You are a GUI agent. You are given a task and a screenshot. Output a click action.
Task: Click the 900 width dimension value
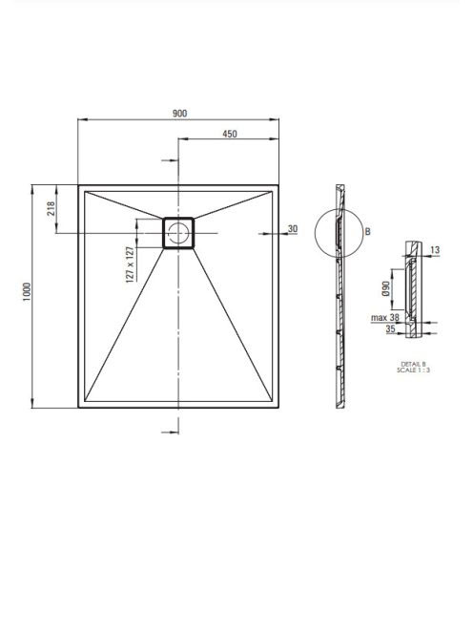[x=179, y=114]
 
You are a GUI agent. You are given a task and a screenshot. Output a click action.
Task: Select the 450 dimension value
[x=230, y=134]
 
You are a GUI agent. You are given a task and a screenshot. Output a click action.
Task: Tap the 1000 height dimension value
[x=27, y=293]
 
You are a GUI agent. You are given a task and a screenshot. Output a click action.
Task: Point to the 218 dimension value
[x=51, y=209]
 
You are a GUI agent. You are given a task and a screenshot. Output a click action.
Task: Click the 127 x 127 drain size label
[x=130, y=264]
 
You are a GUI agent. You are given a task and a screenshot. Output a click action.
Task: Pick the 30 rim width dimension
[x=293, y=229]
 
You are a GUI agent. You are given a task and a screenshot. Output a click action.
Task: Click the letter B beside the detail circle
[x=367, y=231]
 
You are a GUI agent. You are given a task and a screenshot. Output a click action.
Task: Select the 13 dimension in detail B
[x=435, y=250]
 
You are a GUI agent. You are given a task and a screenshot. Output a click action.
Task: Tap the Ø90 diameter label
[x=386, y=288]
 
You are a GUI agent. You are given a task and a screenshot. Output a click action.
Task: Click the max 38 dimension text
[x=385, y=318]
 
